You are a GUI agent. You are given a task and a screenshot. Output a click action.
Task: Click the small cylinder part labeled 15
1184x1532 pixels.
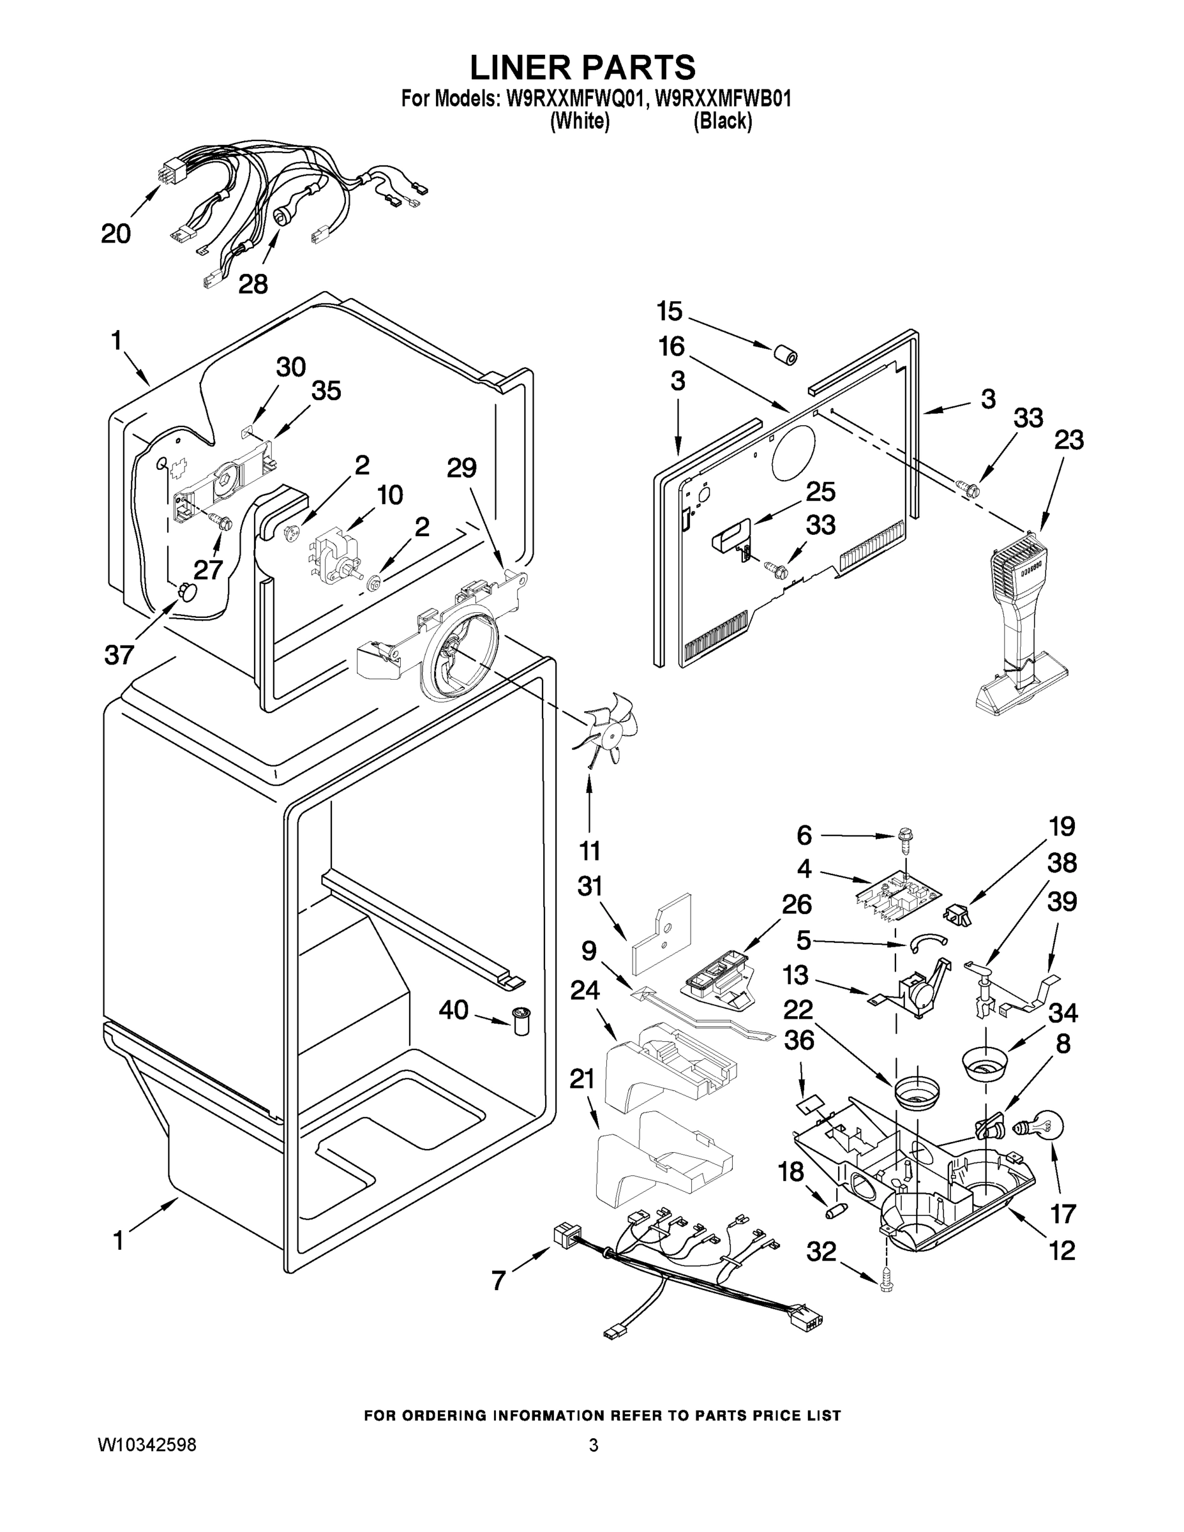point(784,354)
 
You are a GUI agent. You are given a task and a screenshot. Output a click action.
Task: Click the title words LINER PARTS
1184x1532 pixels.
point(582,67)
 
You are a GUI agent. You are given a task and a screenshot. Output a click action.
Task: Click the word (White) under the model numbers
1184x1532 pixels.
point(580,121)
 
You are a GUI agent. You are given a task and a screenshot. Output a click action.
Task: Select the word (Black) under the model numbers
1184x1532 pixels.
point(723,121)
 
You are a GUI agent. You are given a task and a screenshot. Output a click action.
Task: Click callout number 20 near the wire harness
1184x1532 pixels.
point(116,234)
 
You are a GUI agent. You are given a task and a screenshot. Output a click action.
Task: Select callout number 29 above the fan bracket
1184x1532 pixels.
point(461,468)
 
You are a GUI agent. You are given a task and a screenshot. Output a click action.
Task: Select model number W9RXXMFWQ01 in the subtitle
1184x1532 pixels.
point(573,98)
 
